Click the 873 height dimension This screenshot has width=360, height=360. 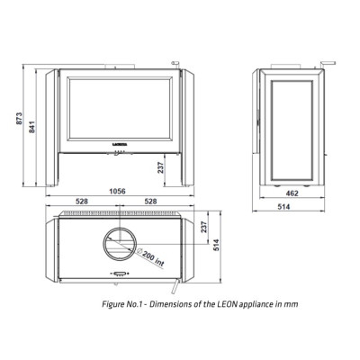[19, 119]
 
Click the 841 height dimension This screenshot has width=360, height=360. [32, 127]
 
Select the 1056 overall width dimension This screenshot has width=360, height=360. [117, 191]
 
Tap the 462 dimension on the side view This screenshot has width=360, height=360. [292, 193]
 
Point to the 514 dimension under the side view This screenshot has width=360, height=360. [283, 207]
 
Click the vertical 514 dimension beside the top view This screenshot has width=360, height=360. [217, 245]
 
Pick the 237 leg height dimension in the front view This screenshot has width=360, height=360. [161, 167]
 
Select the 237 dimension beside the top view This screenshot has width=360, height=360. [204, 228]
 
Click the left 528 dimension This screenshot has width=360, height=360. [82, 202]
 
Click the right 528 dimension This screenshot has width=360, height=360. [150, 202]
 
